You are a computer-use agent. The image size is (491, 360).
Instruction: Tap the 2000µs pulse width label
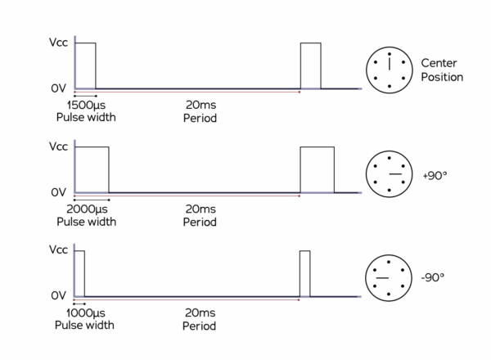pyautogui.click(x=86, y=215)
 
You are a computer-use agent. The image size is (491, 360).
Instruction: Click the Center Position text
pyautogui.click(x=442, y=70)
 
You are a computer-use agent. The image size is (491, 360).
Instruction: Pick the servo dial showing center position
pyautogui.click(x=389, y=70)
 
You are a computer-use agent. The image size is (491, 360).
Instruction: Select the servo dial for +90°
pyautogui.click(x=389, y=174)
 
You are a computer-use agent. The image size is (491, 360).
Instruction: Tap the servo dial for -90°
pyautogui.click(x=389, y=278)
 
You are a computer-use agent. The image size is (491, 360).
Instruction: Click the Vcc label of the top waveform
pyautogui.click(x=58, y=43)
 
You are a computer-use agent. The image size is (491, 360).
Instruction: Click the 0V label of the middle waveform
pyautogui.click(x=57, y=192)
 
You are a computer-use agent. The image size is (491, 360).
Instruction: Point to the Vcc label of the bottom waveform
pyautogui.click(x=58, y=250)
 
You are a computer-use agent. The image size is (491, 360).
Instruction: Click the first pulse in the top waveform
pyautogui.click(x=85, y=65)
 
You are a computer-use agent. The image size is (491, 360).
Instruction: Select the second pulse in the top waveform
pyautogui.click(x=310, y=65)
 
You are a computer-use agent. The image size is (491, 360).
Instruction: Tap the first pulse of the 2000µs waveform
pyautogui.click(x=92, y=169)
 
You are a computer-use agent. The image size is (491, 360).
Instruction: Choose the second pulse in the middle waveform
pyautogui.click(x=317, y=169)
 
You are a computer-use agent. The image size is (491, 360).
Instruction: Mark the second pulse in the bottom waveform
pyautogui.click(x=304, y=273)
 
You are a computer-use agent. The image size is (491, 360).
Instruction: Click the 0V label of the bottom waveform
pyautogui.click(x=57, y=295)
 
